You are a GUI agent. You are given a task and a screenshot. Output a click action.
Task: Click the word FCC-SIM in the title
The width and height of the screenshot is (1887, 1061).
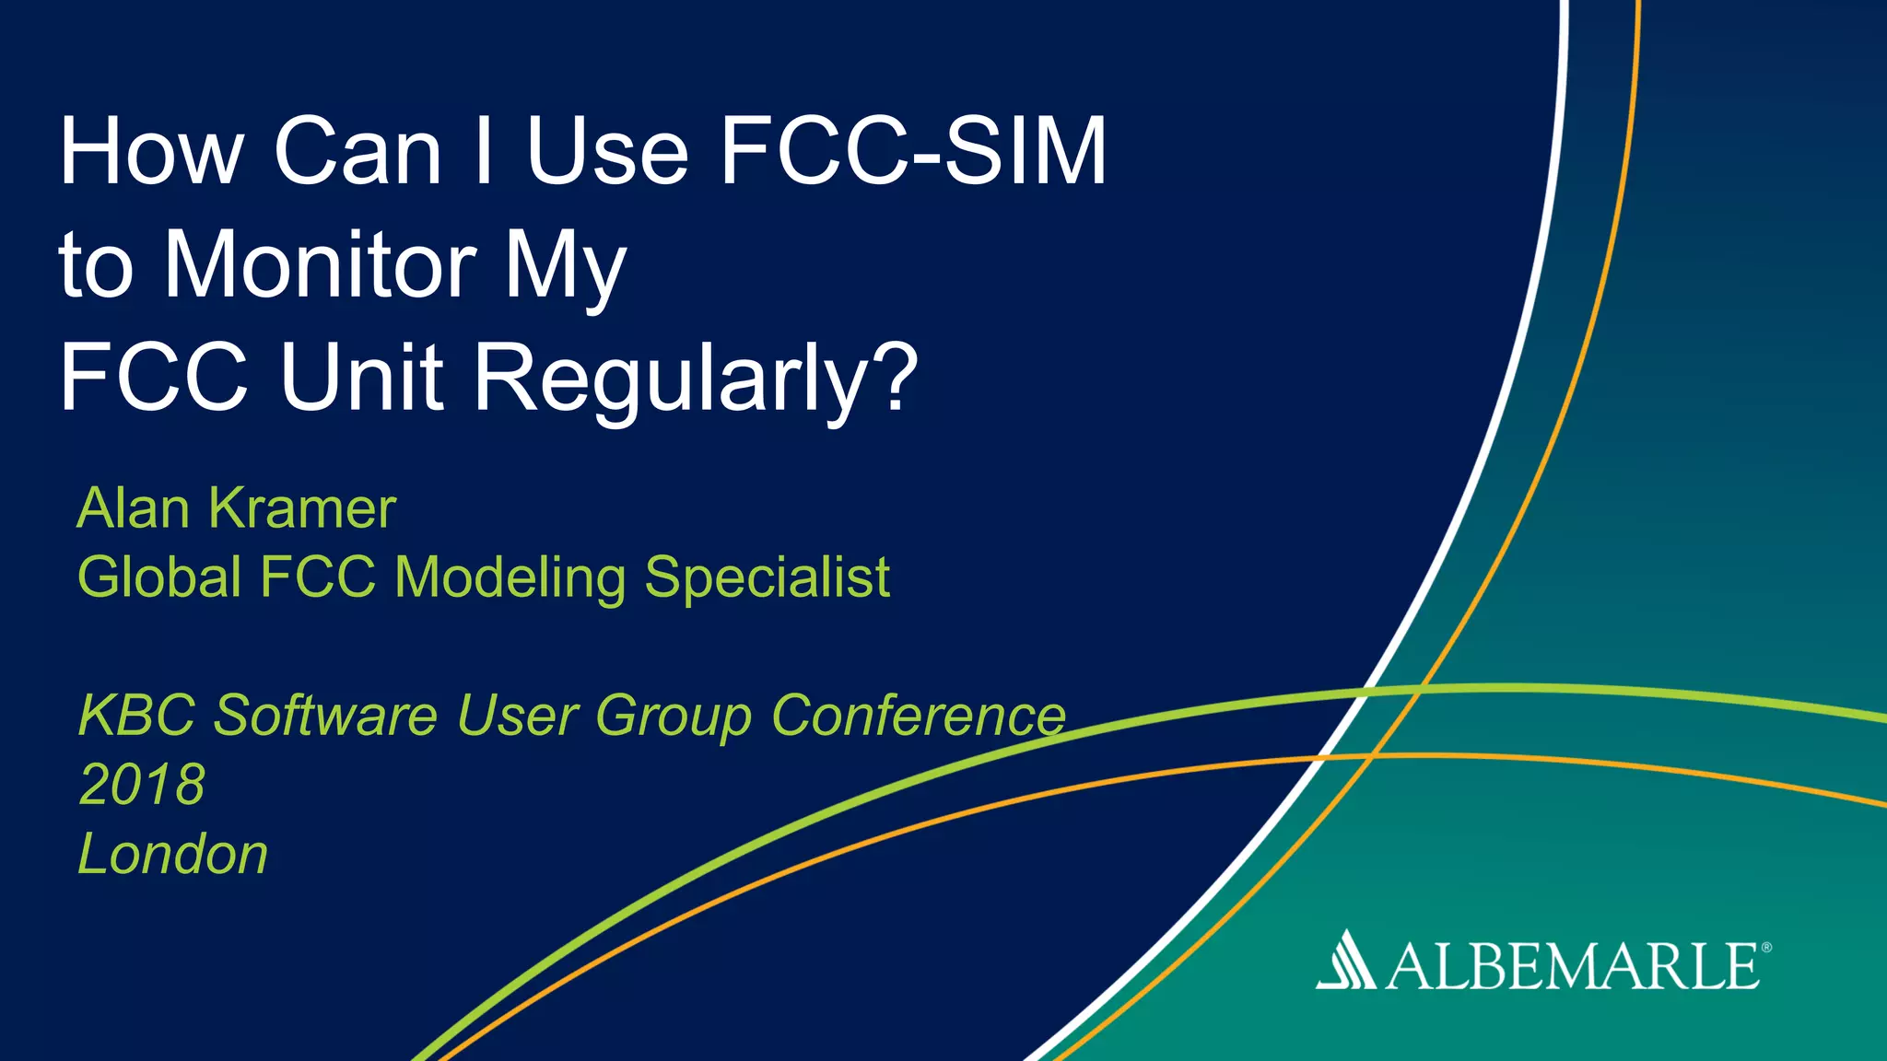[x=912, y=152]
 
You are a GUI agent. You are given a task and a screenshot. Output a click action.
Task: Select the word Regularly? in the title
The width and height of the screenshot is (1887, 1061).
[x=696, y=379]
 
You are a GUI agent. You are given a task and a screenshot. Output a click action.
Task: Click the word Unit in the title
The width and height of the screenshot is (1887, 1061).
[x=362, y=377]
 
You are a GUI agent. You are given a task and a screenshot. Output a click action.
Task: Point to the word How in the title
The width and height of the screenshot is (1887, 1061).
[x=152, y=152]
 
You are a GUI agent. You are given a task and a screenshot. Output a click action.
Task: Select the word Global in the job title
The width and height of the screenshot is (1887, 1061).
[x=158, y=577]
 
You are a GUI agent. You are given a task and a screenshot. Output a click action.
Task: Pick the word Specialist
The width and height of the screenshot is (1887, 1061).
[x=767, y=577]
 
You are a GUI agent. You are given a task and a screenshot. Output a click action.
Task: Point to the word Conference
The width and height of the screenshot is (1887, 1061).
[x=918, y=715]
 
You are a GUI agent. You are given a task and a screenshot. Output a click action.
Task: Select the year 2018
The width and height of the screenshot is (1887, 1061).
[x=142, y=784]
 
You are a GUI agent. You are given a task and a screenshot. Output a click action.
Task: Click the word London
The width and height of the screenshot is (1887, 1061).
[x=173, y=853]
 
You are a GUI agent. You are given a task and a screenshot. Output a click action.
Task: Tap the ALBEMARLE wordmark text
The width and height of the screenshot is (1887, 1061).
[x=1572, y=967]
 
